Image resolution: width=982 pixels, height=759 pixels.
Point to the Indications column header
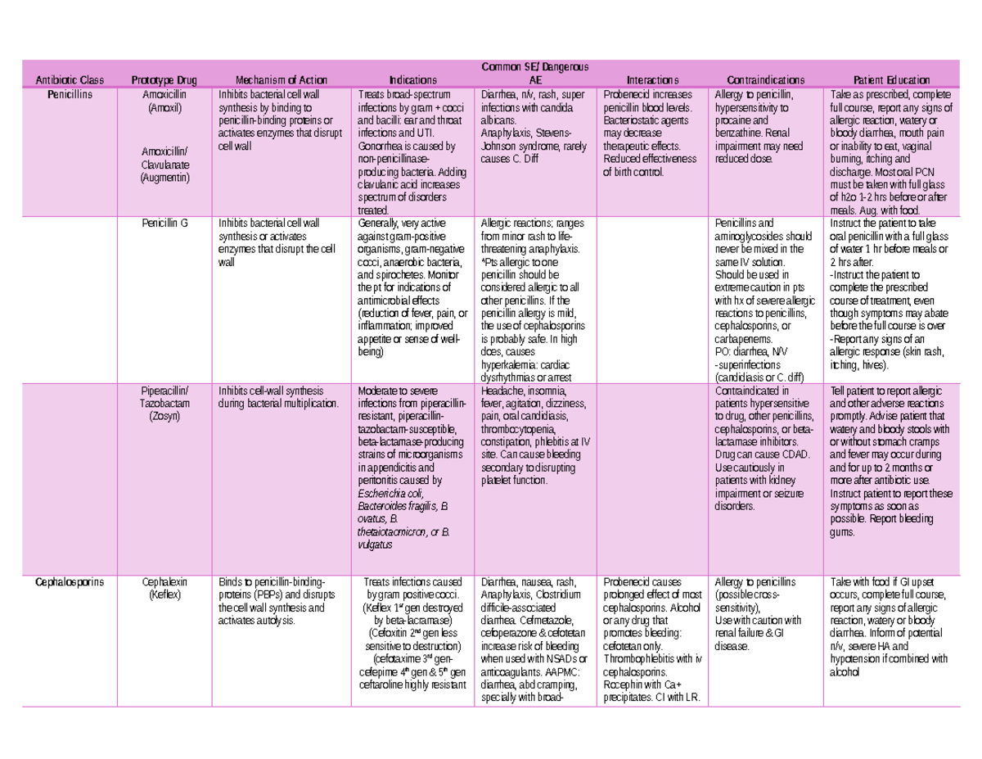pos(412,80)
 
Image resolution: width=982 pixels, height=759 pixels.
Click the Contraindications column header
pos(761,80)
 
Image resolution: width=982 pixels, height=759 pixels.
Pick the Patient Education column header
pos(891,80)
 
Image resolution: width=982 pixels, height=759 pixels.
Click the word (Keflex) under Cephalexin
pos(164,595)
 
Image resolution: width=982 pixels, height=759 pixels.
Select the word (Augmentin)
pos(164,178)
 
